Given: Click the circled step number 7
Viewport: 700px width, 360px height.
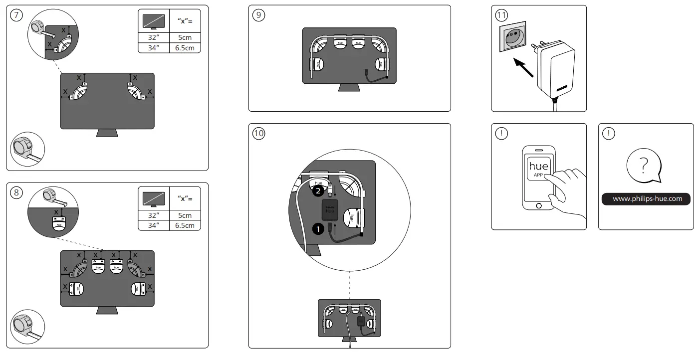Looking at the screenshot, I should click(x=17, y=15).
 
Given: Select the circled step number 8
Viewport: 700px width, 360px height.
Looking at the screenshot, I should click(x=17, y=193).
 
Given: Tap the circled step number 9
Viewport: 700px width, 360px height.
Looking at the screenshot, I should click(x=259, y=15).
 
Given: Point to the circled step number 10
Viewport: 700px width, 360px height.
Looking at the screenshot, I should click(x=259, y=133).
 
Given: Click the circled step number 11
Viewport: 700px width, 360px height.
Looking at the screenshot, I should click(x=501, y=15).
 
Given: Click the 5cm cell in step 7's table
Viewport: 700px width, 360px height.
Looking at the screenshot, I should click(x=185, y=37).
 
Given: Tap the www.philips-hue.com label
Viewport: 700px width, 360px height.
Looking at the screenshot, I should click(x=646, y=199).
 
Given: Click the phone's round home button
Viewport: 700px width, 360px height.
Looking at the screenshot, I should click(x=538, y=206).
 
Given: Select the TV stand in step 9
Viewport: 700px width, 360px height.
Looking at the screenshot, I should click(x=349, y=87).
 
